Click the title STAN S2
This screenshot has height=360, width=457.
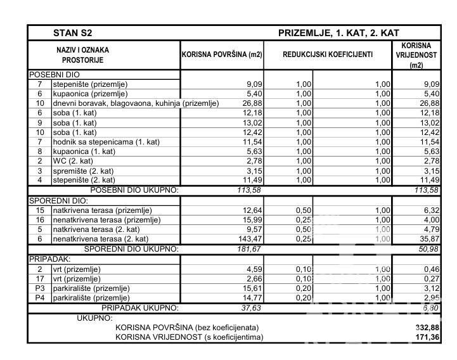[x=75, y=33]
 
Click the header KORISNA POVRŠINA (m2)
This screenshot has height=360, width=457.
[x=222, y=55]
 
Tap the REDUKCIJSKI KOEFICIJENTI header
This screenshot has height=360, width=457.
[x=328, y=55]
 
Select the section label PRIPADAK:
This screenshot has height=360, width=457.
[x=48, y=259]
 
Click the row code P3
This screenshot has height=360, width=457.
[x=39, y=288]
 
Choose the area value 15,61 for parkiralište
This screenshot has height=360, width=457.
[x=244, y=288]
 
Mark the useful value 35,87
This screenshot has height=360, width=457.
[x=427, y=239]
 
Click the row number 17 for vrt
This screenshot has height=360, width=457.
[x=39, y=278]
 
